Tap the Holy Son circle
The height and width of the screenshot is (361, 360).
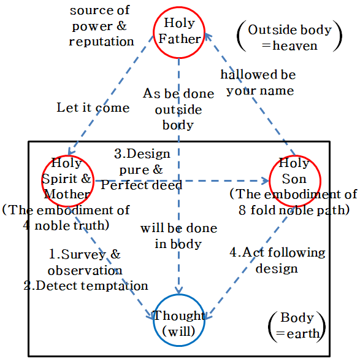pyautogui.click(x=294, y=180)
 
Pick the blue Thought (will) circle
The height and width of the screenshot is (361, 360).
pyautogui.click(x=179, y=324)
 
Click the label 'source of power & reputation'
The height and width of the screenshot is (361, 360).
pyautogui.click(x=101, y=26)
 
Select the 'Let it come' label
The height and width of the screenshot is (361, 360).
pyautogui.click(x=93, y=108)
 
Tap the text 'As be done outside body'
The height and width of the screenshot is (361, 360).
pyautogui.click(x=178, y=109)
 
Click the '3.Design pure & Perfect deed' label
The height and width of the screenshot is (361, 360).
pyautogui.click(x=141, y=169)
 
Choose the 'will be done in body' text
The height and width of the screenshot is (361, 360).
pyautogui.click(x=178, y=236)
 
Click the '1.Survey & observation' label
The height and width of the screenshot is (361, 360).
pyautogui.click(x=85, y=262)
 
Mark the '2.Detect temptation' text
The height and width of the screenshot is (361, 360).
pyautogui.click(x=86, y=285)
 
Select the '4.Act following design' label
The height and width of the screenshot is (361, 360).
pyautogui.click(x=277, y=260)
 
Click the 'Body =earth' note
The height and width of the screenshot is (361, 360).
pyautogui.click(x=297, y=326)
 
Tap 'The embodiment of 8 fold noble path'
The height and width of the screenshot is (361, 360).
pyautogui.click(x=293, y=202)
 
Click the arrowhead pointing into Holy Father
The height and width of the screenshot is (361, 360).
pyautogui.click(x=207, y=37)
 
